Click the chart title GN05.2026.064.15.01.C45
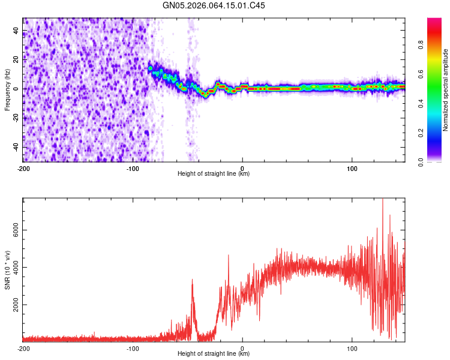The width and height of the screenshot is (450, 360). point(214,5)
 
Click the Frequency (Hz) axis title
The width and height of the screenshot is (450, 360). point(7,90)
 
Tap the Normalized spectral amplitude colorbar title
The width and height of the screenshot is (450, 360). point(445,90)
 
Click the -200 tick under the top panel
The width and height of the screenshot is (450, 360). point(23,168)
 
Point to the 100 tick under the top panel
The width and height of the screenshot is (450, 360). point(352,168)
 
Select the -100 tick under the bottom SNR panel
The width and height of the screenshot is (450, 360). point(133,348)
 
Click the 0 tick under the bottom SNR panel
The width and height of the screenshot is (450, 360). point(242,348)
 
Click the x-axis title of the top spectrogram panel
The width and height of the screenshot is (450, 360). point(214,174)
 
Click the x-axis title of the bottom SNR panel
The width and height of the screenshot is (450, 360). point(214,354)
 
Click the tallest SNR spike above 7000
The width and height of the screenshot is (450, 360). point(382,202)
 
